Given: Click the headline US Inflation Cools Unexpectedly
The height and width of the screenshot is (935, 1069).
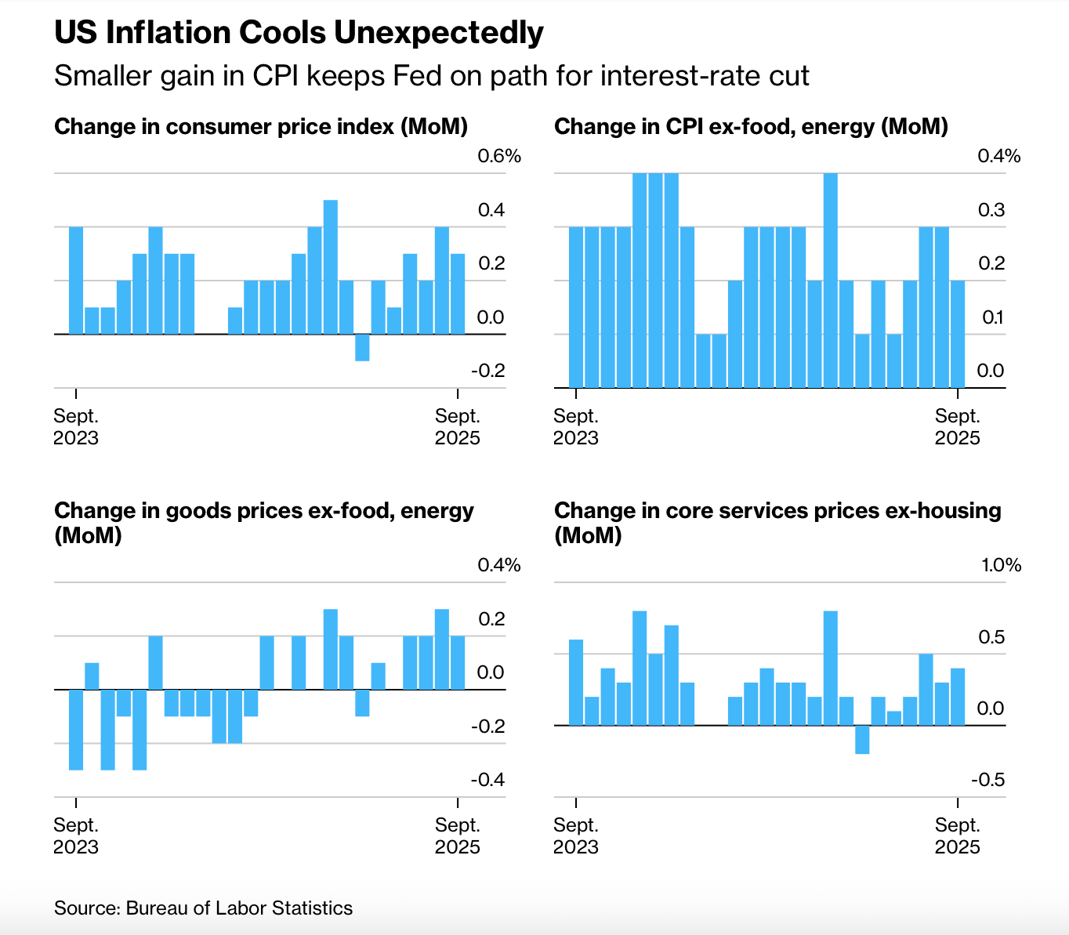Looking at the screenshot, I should click(x=299, y=33).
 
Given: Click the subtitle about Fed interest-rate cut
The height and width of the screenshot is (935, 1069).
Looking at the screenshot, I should click(x=431, y=75).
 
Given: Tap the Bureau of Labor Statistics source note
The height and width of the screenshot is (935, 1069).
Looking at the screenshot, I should click(x=203, y=908).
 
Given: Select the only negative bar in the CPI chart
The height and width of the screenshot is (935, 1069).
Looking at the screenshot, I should click(x=362, y=347).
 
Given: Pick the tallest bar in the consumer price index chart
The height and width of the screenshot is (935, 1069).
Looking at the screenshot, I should click(x=330, y=266).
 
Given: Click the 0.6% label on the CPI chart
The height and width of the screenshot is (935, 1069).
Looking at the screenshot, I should click(x=499, y=156).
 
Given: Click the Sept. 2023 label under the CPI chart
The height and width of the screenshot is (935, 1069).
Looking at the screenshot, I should click(x=76, y=426).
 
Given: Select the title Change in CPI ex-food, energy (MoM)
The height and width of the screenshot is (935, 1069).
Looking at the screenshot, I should click(x=751, y=126).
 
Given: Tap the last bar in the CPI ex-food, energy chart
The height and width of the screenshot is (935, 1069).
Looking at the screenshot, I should click(x=958, y=334).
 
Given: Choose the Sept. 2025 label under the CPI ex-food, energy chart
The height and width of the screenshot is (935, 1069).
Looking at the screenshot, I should click(x=958, y=426).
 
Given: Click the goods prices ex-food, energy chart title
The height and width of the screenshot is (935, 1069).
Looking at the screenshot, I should click(x=264, y=523).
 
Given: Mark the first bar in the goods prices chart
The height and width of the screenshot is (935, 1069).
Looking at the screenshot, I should click(x=76, y=730).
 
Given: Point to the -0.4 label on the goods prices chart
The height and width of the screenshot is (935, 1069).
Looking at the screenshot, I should click(x=487, y=780).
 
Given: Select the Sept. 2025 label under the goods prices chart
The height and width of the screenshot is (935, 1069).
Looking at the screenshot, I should click(x=458, y=835).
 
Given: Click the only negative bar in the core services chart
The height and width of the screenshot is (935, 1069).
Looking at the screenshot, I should click(x=862, y=739).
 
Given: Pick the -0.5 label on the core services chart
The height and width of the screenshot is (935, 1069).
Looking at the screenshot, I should click(x=987, y=780).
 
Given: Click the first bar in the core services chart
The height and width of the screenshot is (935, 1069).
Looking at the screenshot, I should click(x=576, y=682).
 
